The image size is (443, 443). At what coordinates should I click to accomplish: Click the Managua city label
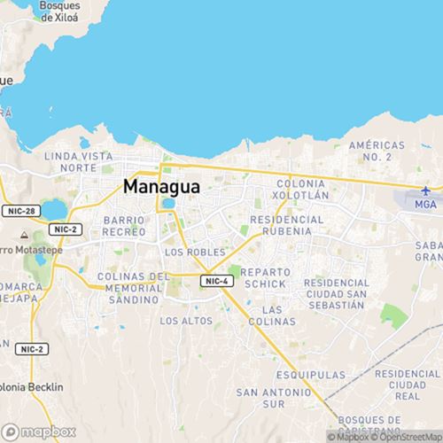click(161, 187)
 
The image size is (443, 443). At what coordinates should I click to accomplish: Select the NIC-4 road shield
click(215, 281)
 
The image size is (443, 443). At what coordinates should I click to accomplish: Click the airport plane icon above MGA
click(427, 190)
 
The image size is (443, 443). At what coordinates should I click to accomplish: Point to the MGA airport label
click(427, 204)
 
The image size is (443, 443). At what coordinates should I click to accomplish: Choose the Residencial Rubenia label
click(282, 224)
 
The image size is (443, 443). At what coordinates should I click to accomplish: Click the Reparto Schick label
click(263, 277)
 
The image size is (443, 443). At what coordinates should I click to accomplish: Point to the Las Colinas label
click(284, 315)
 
